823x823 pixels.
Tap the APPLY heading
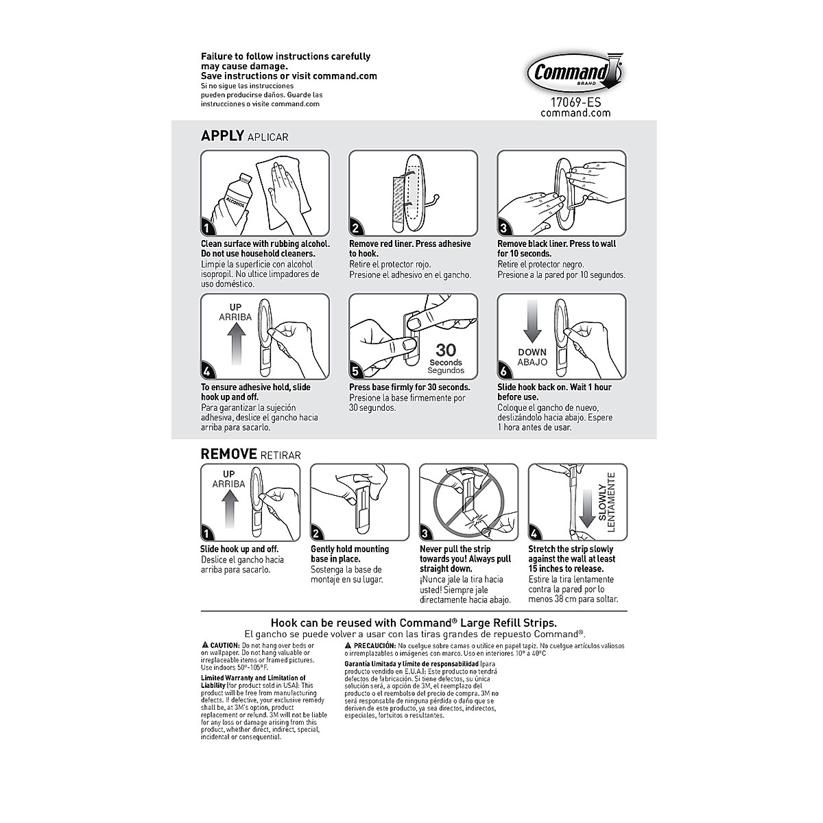click(x=222, y=136)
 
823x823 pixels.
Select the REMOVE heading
click(x=228, y=453)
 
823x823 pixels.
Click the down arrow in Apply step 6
click(x=532, y=324)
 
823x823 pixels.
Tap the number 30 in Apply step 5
click(x=446, y=350)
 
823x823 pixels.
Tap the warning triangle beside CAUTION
click(x=204, y=646)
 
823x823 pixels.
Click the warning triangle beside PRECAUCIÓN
click(x=348, y=646)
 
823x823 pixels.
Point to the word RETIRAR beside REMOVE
click(x=281, y=455)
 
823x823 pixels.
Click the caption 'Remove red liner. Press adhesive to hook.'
click(x=410, y=249)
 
